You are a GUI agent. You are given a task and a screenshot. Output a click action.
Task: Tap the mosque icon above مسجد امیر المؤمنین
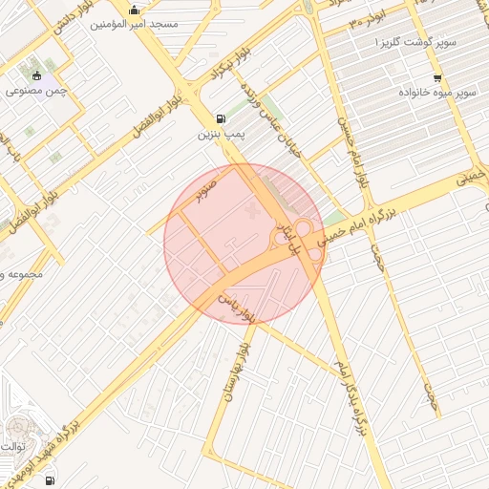pos(145,11)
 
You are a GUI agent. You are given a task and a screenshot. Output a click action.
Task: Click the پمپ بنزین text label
pos(222,135)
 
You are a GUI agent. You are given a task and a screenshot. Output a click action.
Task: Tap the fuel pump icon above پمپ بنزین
pos(223,118)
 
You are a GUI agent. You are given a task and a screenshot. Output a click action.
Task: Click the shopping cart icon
pos(437,77)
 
